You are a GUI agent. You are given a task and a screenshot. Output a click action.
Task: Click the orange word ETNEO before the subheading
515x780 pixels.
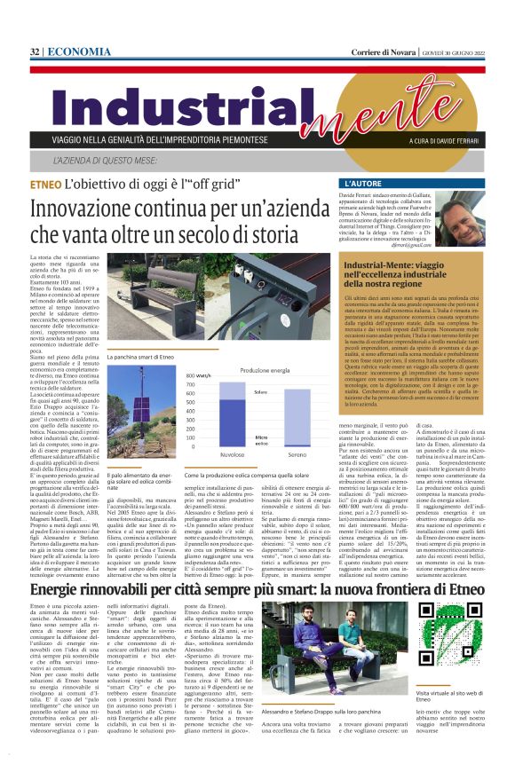[44, 186]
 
